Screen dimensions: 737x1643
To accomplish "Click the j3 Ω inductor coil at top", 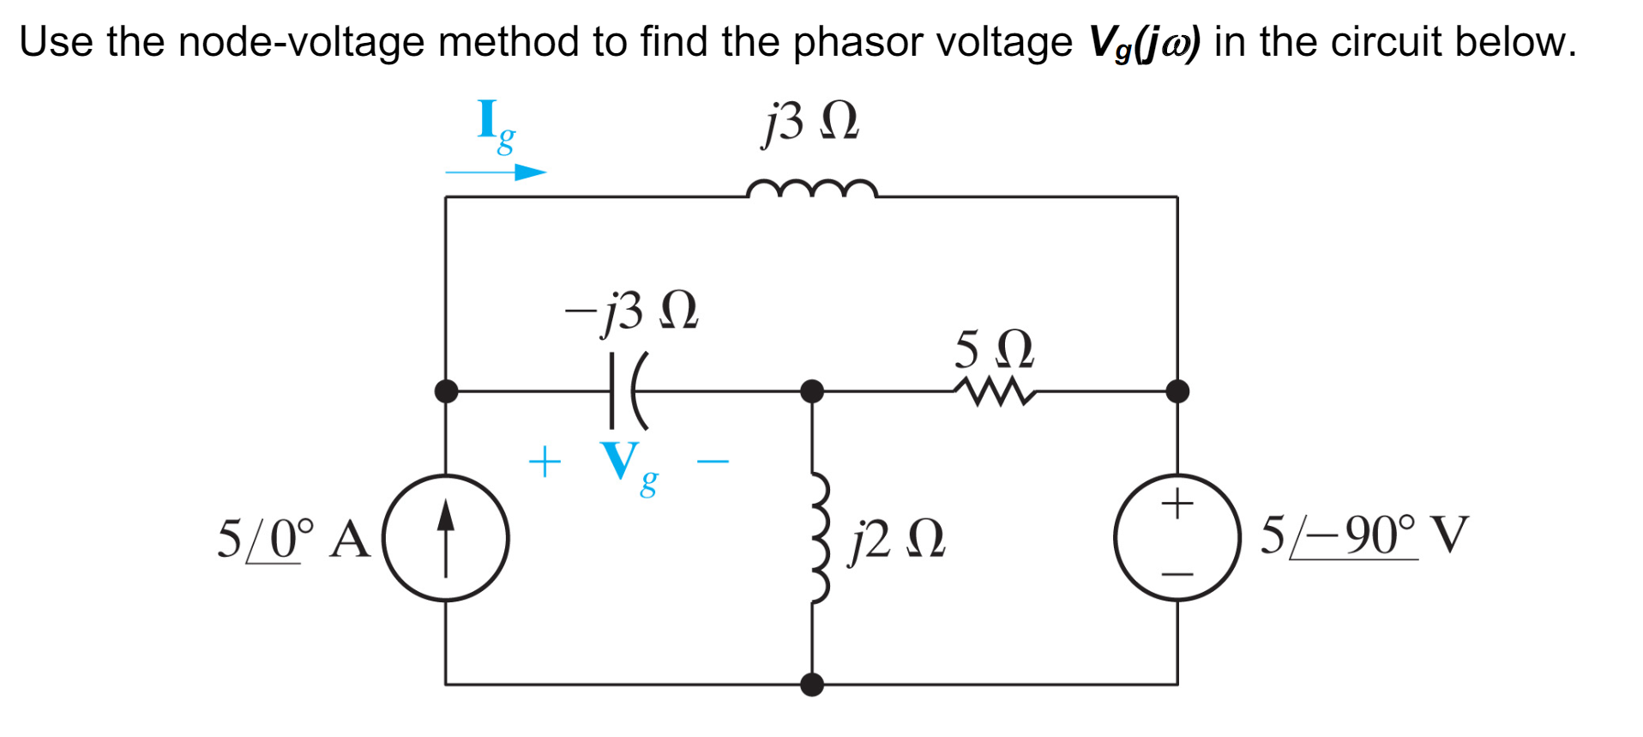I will point(811,189).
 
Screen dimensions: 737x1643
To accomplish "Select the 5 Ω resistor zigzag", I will point(994,391).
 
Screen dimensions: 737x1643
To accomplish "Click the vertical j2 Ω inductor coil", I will point(820,538).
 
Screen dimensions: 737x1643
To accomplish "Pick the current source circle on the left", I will point(446,538).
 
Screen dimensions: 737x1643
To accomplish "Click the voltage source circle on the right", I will point(1177,538).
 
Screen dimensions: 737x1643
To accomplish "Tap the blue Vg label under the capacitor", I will point(629,466).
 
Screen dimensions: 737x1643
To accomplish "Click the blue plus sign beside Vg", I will point(545,462).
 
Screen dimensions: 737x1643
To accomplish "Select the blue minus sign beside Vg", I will point(713,462).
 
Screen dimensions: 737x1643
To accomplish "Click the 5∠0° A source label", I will point(292,540).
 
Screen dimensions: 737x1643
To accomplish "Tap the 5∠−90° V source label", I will point(1363,536).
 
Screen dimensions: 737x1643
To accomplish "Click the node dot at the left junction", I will point(446,391).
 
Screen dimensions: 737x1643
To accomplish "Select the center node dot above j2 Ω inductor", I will point(811,391).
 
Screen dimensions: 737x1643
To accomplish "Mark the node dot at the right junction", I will point(1177,391).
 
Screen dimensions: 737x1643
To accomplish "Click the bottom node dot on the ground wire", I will point(811,684).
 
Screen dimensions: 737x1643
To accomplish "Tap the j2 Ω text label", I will point(897,541).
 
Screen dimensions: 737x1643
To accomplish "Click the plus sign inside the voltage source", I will point(1177,503).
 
